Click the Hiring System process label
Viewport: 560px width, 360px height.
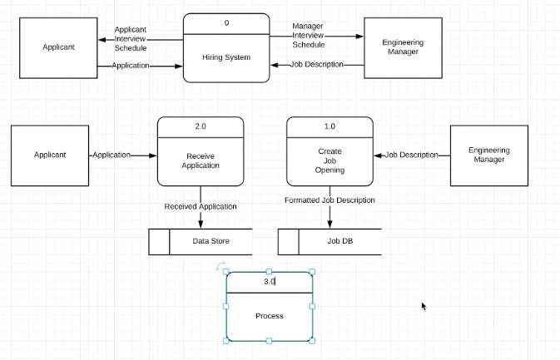226,57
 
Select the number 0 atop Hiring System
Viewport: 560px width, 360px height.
226,23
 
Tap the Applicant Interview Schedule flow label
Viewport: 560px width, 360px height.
130,39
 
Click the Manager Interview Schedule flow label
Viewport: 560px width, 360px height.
308,35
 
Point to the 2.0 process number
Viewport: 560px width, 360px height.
201,126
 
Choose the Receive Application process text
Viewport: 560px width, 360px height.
201,160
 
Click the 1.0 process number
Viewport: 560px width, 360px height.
330,126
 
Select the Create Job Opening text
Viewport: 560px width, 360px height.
330,160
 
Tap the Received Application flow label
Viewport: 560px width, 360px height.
201,206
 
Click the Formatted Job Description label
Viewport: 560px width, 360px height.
330,200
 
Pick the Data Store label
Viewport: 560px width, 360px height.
211,241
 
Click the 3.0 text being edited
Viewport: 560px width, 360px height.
269,282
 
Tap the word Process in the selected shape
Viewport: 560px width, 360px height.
269,316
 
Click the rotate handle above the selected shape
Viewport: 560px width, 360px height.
220,267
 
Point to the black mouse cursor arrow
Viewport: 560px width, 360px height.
424,306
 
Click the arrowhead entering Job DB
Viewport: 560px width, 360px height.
330,224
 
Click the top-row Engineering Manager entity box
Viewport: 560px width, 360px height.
402,47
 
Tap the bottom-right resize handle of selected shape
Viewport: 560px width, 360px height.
312,340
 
